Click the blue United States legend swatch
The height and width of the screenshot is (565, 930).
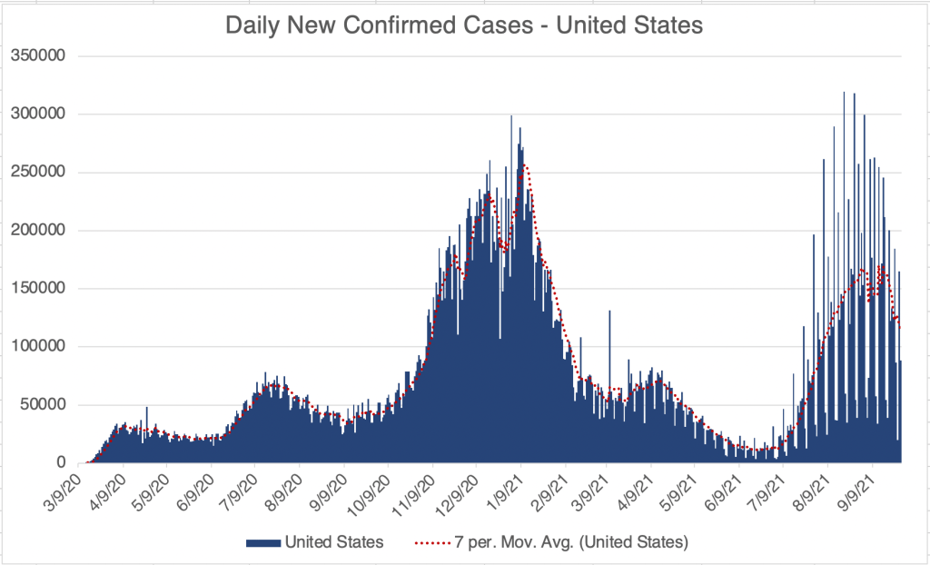coord(262,542)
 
